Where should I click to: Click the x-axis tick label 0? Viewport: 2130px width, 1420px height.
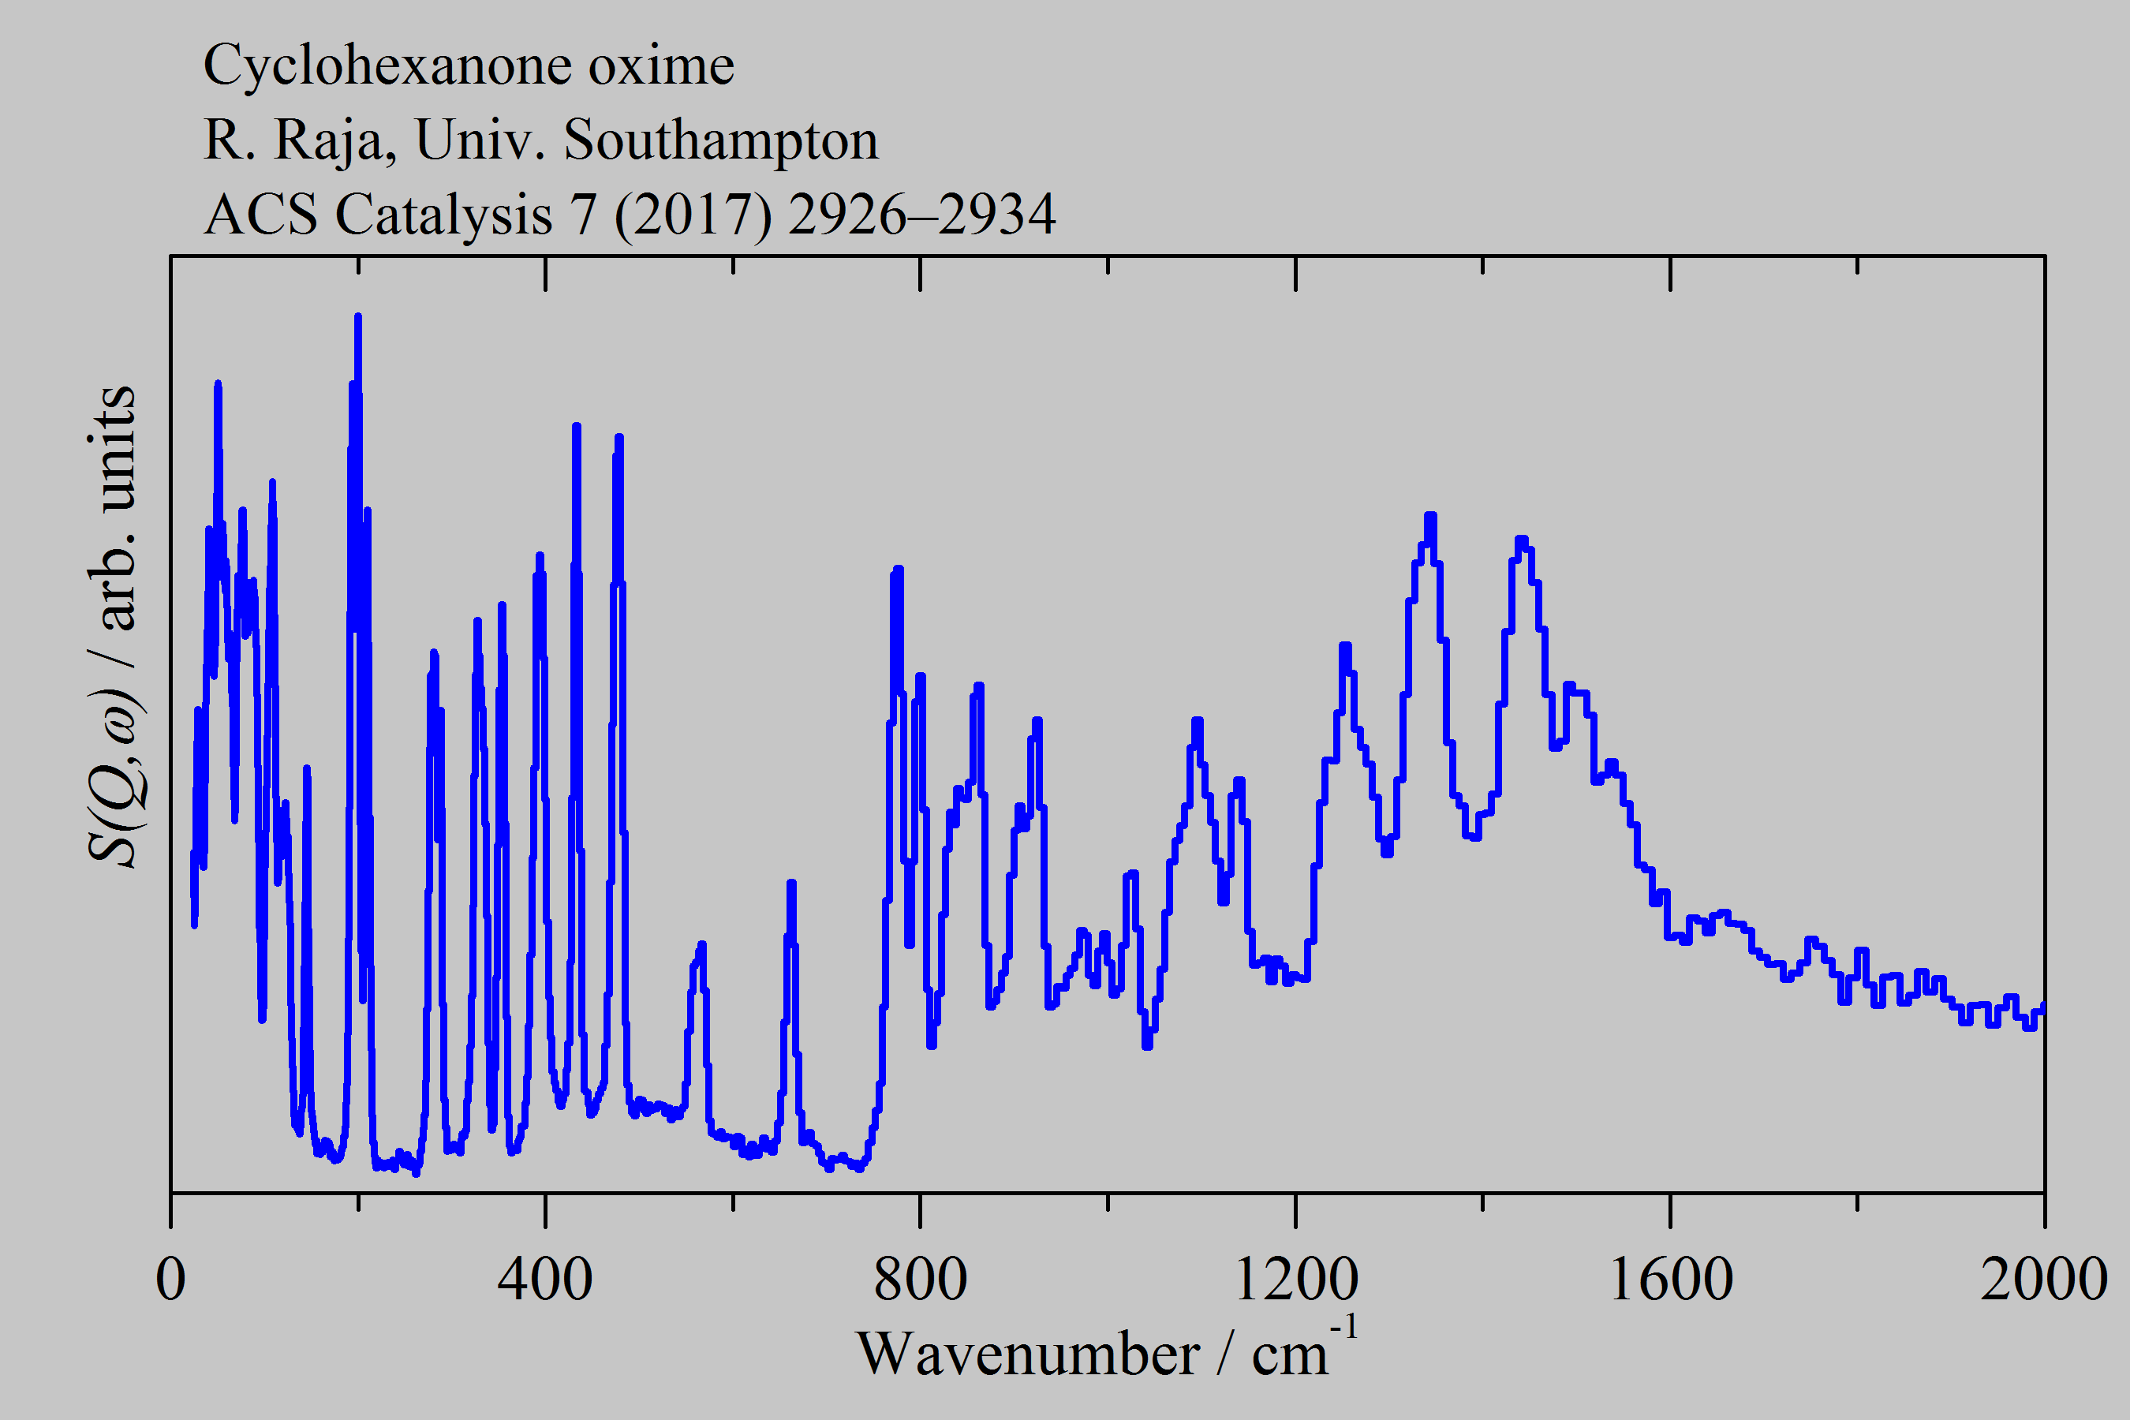pos(170,1280)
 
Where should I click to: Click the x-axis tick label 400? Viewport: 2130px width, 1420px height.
pos(545,1280)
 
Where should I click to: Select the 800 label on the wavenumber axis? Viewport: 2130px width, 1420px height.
pos(920,1280)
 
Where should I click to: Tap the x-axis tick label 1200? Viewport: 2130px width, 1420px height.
pos(1295,1280)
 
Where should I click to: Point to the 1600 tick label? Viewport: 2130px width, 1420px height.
pos(1670,1280)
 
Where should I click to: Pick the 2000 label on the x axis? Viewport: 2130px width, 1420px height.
pos(2043,1280)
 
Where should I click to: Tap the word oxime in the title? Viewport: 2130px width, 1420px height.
pos(661,65)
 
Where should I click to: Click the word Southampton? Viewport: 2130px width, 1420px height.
pos(721,140)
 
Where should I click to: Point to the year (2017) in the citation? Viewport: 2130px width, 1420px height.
pos(693,215)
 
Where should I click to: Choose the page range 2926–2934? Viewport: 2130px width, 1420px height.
pos(922,215)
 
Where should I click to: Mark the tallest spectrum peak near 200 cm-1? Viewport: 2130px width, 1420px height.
pos(357,317)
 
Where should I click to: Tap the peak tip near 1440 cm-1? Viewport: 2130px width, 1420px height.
pos(1522,540)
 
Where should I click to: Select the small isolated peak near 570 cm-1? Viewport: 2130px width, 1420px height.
pos(701,945)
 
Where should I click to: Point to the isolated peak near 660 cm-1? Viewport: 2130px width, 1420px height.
pos(791,883)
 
